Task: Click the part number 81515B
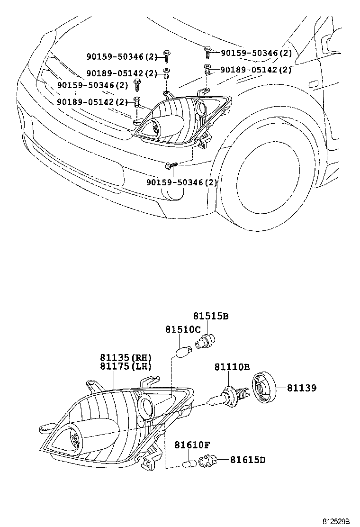point(210,316)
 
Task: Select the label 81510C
point(183,329)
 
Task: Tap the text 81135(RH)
point(125,357)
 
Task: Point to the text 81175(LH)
point(125,366)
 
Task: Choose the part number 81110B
point(232,366)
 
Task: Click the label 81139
point(301,388)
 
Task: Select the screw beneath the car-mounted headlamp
point(171,165)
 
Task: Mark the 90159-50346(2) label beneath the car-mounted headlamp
point(181,182)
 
